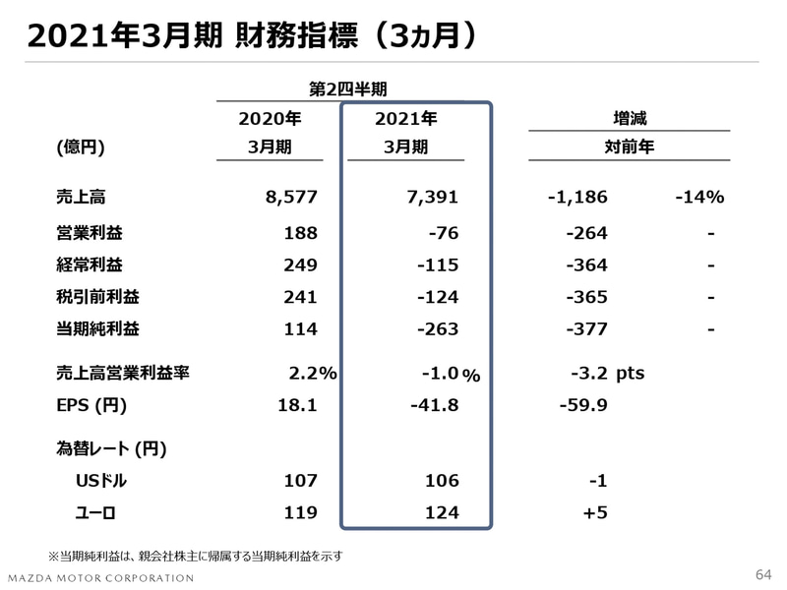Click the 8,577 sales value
click(x=291, y=197)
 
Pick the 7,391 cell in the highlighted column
click(x=433, y=197)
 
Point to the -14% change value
click(x=699, y=197)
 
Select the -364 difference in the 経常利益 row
click(x=586, y=265)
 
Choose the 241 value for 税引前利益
click(x=300, y=298)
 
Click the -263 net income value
click(x=436, y=330)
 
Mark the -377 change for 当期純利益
click(x=586, y=330)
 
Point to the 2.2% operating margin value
click(x=313, y=373)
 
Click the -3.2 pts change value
click(x=606, y=373)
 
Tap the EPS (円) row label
click(x=91, y=405)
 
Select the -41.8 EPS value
click(x=434, y=405)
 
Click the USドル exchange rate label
click(x=102, y=481)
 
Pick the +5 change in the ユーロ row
click(x=594, y=512)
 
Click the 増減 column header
click(x=630, y=118)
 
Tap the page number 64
click(x=763, y=574)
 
